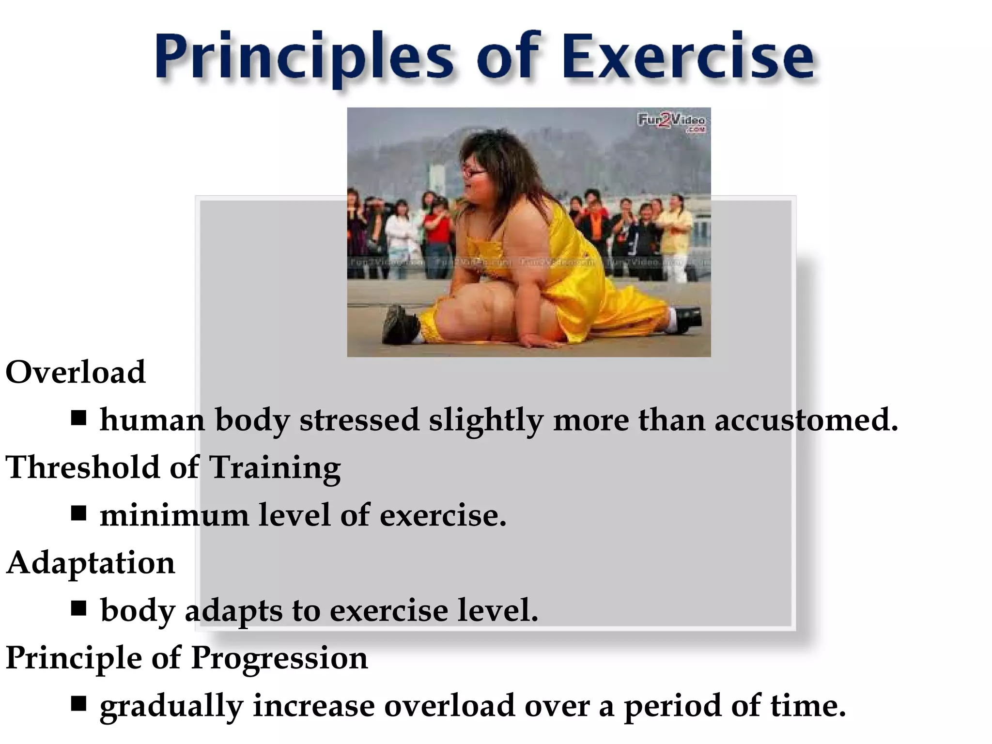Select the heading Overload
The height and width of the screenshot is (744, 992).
[x=75, y=372]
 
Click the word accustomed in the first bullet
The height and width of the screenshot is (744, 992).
[x=806, y=419]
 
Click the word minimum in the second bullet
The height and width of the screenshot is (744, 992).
[x=174, y=515]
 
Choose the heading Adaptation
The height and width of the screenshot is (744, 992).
[x=91, y=563]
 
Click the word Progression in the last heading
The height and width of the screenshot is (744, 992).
[x=279, y=658]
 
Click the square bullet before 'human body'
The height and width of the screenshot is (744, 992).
[x=78, y=418]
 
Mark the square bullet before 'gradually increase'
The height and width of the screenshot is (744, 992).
[x=78, y=704]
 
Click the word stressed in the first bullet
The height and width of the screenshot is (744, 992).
[x=359, y=419]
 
